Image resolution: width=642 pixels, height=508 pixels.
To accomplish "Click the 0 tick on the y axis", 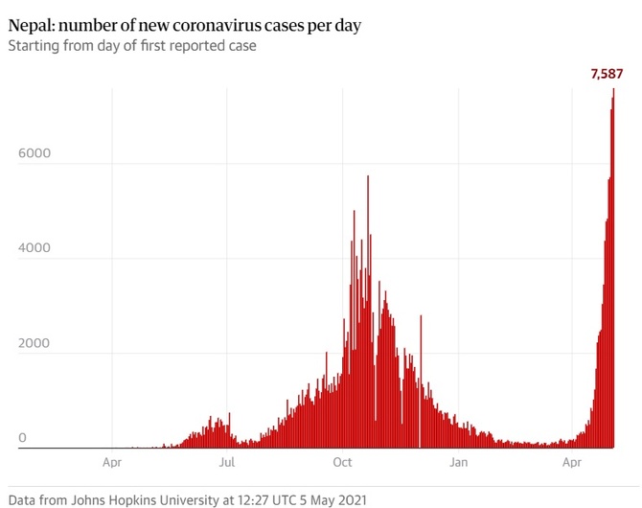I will [22, 437].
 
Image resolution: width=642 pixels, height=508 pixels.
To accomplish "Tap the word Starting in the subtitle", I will [35, 45].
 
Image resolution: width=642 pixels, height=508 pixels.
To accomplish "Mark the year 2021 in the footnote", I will [350, 497].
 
